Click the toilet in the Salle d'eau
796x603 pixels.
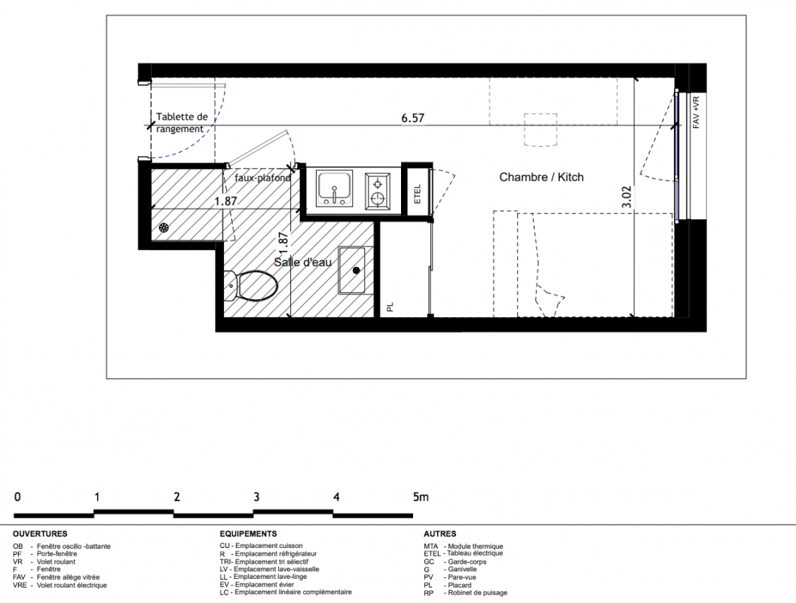pyautogui.click(x=251, y=286)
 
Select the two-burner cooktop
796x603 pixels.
pyautogui.click(x=378, y=191)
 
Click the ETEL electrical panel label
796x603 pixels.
pyautogui.click(x=418, y=194)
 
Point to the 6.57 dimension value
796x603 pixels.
pyautogui.click(x=413, y=118)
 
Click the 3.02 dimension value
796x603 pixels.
pyautogui.click(x=627, y=197)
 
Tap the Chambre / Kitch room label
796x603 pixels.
pyautogui.click(x=541, y=177)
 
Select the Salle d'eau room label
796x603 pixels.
pyautogui.click(x=302, y=262)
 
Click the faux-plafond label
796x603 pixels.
pyautogui.click(x=262, y=178)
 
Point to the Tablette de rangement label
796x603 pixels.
pyautogui.click(x=182, y=123)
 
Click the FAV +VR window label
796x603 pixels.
pyautogui.click(x=696, y=112)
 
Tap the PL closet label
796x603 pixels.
pyautogui.click(x=390, y=307)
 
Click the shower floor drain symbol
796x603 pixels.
pyautogui.click(x=164, y=228)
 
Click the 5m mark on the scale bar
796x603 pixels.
pyautogui.click(x=421, y=497)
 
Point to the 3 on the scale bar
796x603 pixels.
pyautogui.click(x=256, y=497)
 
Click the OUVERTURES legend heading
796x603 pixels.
pyautogui.click(x=40, y=534)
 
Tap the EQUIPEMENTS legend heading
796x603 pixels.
pyautogui.click(x=248, y=534)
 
